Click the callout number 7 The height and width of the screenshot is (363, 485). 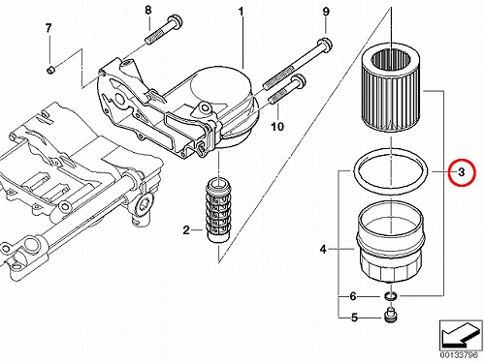48,28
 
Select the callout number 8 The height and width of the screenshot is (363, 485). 148,10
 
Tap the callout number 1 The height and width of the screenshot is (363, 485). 241,12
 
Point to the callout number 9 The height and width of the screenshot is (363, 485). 326,12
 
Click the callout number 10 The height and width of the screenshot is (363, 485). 277,127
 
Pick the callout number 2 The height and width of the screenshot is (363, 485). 186,230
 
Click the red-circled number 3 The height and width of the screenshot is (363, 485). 462,172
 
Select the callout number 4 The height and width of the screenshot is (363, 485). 323,249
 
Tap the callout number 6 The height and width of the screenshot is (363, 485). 353,296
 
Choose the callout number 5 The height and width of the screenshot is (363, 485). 354,318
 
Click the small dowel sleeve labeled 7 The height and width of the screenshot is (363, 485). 51,70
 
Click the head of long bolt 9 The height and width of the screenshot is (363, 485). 325,45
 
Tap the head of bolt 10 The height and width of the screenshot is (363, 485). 299,80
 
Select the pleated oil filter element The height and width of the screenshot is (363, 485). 392,91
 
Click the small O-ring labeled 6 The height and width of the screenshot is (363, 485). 390,296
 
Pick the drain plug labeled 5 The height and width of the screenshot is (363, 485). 390,316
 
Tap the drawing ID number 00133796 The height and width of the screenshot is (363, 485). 459,355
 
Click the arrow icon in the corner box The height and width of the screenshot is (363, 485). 459,336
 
